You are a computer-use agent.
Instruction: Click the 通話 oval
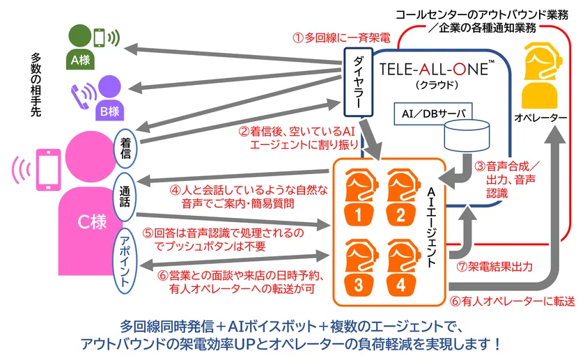pyautogui.click(x=126, y=192)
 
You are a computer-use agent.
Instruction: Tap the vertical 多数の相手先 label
pyautogui.click(x=37, y=84)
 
